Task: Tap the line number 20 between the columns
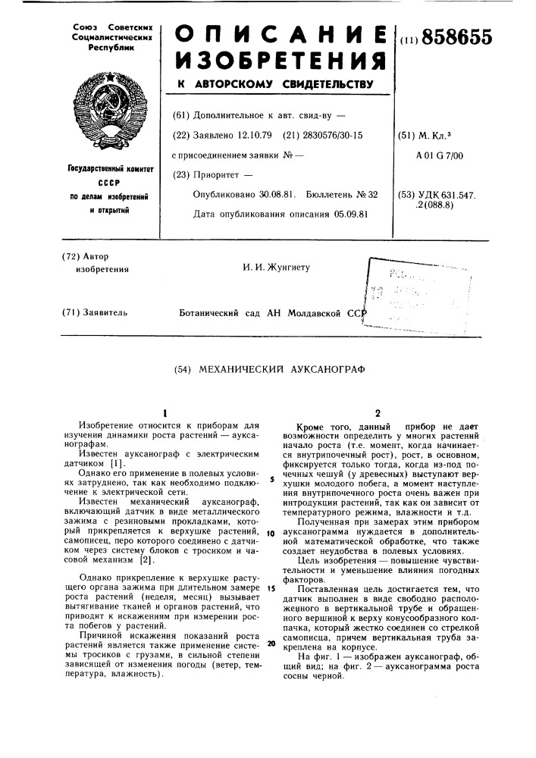click(269, 642)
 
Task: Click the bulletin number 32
click(372, 195)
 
